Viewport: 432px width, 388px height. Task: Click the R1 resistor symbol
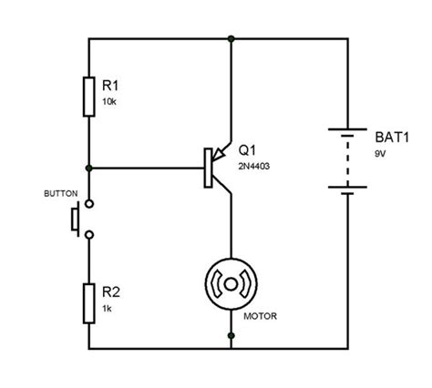[x=88, y=97]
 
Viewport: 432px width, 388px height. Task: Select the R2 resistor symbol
[x=88, y=304]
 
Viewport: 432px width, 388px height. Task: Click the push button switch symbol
[x=80, y=220]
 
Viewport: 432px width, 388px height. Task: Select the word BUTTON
[x=61, y=194]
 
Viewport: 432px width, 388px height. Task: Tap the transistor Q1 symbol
[x=217, y=168]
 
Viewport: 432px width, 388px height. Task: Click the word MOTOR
[x=260, y=317]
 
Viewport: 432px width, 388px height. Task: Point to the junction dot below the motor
[x=231, y=347]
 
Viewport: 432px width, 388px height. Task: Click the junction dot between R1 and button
[x=88, y=168]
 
